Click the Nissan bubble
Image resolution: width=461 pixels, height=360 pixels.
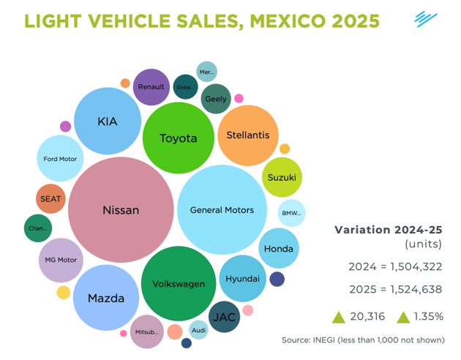coord(121,210)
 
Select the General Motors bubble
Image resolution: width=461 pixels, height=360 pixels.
coord(222,210)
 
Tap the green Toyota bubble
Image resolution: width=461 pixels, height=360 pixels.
coord(179,138)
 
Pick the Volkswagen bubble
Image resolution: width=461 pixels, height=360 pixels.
coord(179,283)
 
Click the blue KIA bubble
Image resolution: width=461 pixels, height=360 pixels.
coord(108,121)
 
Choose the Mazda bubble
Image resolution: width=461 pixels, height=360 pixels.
coord(106,298)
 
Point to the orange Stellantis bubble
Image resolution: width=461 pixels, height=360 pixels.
coord(248,135)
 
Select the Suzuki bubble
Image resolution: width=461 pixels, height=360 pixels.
coord(282,178)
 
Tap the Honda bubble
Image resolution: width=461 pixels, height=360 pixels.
coord(279,249)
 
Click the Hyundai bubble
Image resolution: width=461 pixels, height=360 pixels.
coord(242,280)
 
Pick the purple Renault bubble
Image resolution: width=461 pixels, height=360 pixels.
coord(151,87)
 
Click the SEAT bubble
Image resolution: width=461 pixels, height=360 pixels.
coord(51,198)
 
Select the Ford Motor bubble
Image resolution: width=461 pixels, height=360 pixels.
coord(60,159)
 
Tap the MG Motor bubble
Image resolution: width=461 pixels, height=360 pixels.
coord(60,260)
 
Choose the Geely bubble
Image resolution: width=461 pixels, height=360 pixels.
coord(216,99)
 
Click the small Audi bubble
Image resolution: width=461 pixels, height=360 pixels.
coord(198,330)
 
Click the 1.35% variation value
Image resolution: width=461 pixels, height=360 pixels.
coord(426,317)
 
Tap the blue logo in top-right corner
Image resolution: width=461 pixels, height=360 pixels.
coord(425,18)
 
